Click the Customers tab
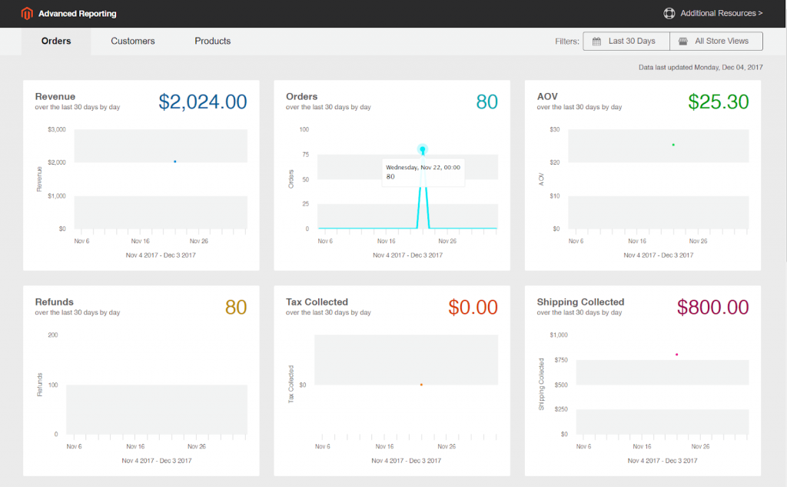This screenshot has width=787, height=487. pos(133,41)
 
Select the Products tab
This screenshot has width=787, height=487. pos(212,41)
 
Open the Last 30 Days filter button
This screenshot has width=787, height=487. pos(626,41)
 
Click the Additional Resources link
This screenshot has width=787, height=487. pos(713,13)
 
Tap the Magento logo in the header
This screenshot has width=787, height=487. pos(28,13)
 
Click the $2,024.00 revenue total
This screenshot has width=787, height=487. pos(203,102)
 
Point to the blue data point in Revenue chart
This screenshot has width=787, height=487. pos(175,162)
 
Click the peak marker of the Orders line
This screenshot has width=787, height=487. pos(423,149)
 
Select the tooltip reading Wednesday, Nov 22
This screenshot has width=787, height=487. pos(423,172)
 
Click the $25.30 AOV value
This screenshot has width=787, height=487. pos(718,102)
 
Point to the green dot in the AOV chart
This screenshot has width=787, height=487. pos(673,145)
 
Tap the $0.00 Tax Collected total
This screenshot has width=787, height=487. pos(473,308)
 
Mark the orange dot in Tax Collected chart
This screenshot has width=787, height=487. pos(421,385)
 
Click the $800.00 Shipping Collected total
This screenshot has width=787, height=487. pos(712,308)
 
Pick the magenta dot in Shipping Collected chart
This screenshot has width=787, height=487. pos(676,355)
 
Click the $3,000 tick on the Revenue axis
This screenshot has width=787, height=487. pos(57,129)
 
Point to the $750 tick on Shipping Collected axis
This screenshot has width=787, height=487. pos(560,360)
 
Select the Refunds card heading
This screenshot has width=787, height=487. pos(55,302)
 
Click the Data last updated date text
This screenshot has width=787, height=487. pos(700,68)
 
